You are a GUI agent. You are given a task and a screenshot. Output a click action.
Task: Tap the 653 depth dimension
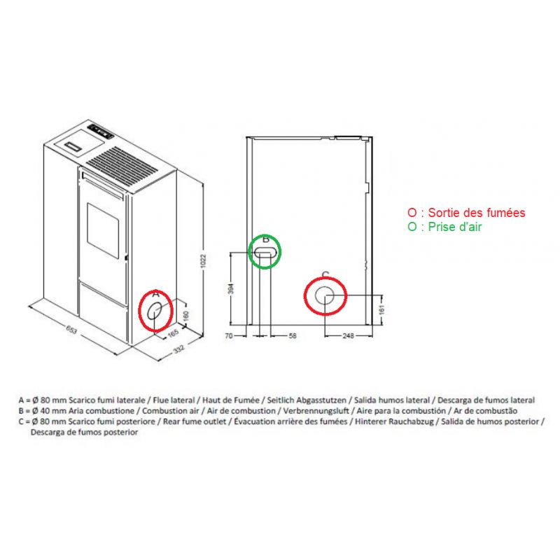click(72, 330)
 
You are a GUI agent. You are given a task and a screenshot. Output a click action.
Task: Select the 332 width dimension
click(179, 349)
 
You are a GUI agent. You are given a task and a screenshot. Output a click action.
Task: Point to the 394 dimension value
click(231, 288)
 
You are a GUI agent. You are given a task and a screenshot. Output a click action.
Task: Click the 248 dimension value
click(348, 336)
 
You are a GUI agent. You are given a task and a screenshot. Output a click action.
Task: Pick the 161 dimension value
click(381, 309)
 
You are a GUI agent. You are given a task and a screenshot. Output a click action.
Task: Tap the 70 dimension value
click(229, 336)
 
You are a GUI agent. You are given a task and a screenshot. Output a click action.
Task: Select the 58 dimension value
click(292, 336)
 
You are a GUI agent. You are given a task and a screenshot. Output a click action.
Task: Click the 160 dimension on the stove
click(185, 316)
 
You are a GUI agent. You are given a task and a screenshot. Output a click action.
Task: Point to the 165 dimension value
click(173, 333)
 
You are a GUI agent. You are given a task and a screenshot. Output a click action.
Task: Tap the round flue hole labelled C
click(325, 295)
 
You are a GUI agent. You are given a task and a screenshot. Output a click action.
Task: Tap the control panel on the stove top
click(101, 131)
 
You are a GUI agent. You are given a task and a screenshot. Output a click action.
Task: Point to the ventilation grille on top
click(122, 167)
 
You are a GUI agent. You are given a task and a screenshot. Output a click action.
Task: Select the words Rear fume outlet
click(195, 421)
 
